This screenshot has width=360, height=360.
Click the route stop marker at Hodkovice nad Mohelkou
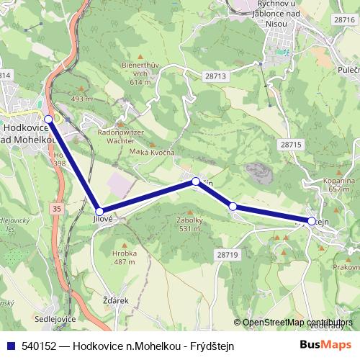48,119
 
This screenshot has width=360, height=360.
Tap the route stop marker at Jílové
99,211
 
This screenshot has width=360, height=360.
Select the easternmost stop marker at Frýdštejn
312,220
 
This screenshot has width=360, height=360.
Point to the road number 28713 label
215,76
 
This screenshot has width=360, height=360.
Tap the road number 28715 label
291,145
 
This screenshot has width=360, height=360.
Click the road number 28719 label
225,255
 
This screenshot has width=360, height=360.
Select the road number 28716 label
345,20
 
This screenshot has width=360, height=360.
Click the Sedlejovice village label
55,318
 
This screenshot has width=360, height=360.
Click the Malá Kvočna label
153,153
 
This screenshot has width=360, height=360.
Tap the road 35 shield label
57,208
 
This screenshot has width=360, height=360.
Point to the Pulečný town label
348,71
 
